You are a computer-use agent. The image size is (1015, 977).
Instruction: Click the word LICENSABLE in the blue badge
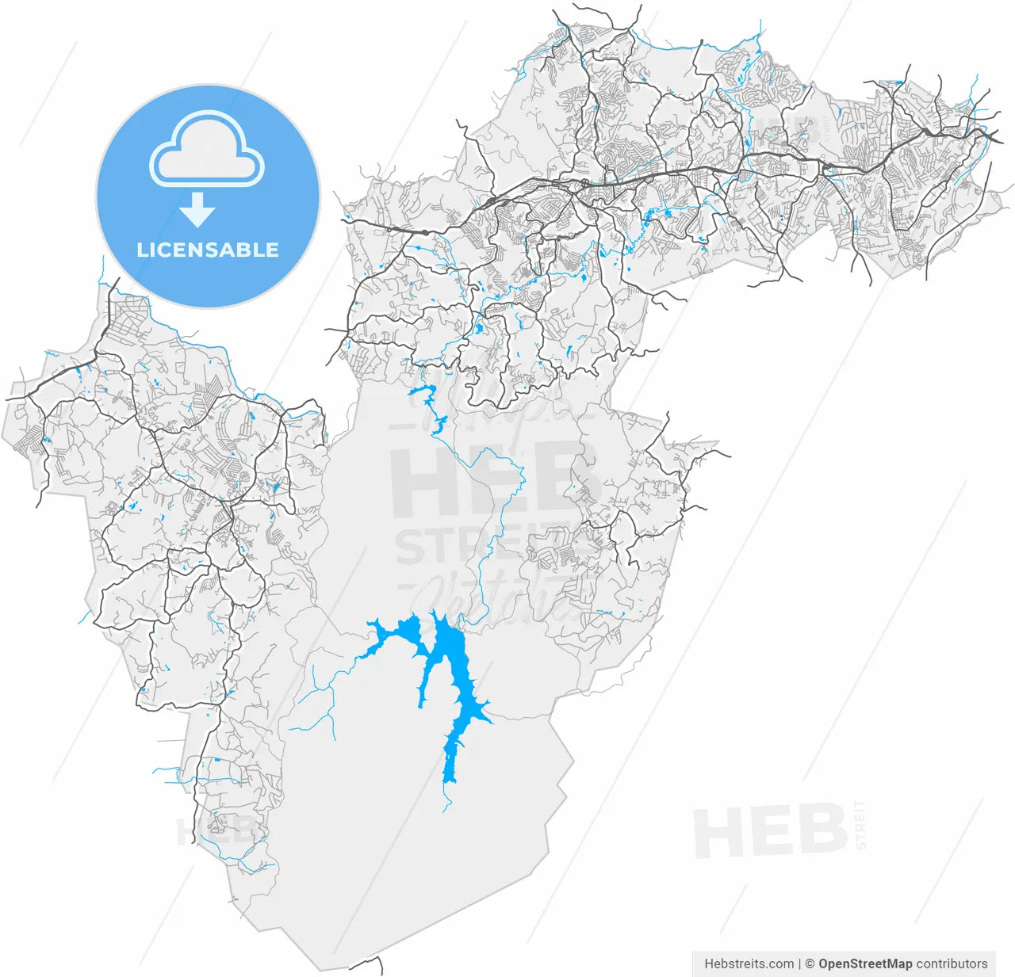(x=208, y=250)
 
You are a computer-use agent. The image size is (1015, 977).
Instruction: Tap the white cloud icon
(x=207, y=152)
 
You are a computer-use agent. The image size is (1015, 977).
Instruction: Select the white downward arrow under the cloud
(x=197, y=211)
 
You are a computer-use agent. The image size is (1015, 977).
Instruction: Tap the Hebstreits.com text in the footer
(x=749, y=964)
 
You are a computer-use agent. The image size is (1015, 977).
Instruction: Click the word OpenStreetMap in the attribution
(x=865, y=964)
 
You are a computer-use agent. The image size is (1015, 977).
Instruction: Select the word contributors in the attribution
(x=952, y=964)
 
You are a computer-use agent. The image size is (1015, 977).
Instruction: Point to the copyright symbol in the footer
(x=810, y=964)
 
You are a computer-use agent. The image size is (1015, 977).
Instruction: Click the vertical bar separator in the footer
(x=799, y=964)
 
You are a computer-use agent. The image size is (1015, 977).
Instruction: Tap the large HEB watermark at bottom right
(x=770, y=831)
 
